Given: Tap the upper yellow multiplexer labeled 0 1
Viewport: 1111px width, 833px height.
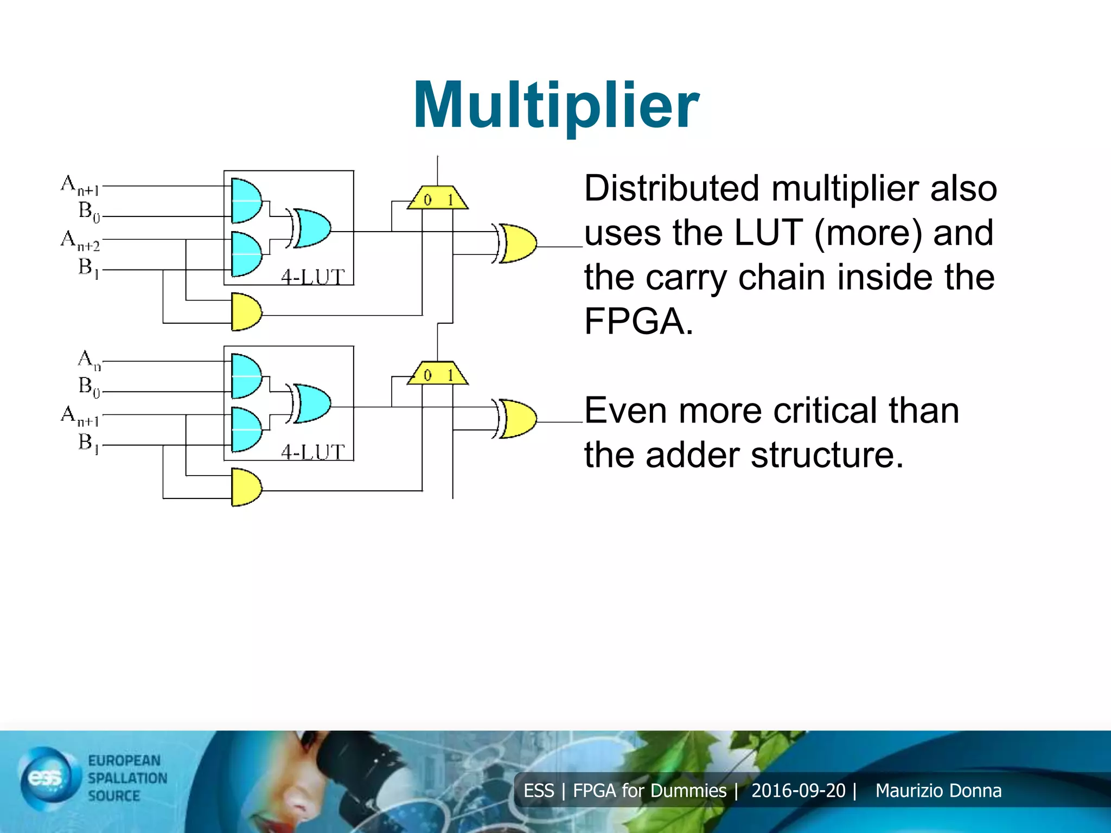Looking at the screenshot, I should pos(438,198).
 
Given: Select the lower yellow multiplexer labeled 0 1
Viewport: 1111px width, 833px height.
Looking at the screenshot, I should pos(438,374).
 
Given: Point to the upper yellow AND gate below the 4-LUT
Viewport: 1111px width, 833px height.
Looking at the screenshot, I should pos(246,312).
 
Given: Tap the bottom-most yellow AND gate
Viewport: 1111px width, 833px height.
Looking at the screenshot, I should pos(246,487).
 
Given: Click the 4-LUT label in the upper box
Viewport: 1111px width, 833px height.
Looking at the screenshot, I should pos(313,277).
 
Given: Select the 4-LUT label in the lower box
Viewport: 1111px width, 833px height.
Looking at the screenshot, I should pos(313,452).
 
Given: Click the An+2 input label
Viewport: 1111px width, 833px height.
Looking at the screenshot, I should pos(80,240).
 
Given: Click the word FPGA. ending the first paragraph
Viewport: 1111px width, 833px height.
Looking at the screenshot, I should pos(638,322).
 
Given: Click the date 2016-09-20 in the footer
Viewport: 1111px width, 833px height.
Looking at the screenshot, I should pos(798,791).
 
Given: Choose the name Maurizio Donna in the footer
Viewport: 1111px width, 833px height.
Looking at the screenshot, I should pos(938,791).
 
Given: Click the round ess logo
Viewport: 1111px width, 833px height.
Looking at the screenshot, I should pos(46,779).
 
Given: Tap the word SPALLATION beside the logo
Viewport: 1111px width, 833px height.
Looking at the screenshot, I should pos(127,778).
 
